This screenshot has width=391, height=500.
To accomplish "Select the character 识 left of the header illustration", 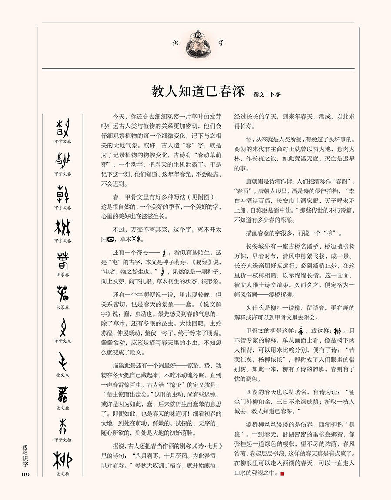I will pos(176,43).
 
